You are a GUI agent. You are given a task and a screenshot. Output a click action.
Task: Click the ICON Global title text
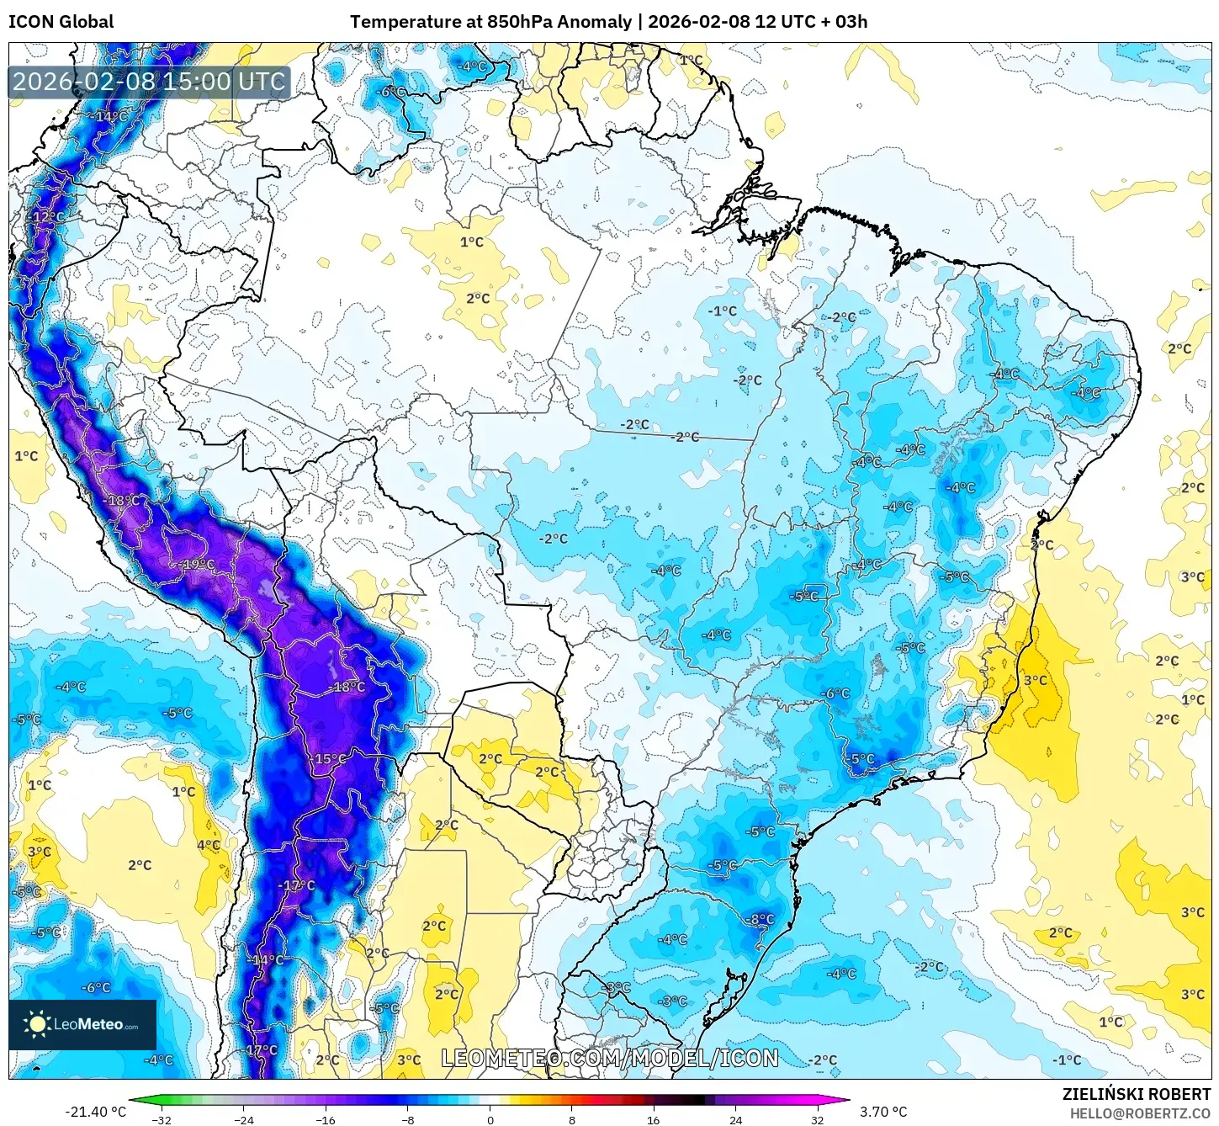point(61,22)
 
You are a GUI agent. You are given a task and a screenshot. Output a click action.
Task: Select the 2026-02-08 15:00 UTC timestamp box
point(149,82)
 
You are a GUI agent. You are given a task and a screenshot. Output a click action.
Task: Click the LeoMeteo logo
point(82,1024)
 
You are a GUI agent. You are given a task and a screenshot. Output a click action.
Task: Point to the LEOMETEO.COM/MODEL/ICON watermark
point(610,1058)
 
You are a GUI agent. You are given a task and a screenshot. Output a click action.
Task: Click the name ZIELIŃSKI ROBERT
point(1136,1094)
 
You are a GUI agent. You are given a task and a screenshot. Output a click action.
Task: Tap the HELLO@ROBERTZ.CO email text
point(1140,1113)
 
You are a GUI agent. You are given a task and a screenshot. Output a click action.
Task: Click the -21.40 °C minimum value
point(95,1112)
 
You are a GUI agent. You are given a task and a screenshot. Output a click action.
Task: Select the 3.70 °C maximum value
point(883,1112)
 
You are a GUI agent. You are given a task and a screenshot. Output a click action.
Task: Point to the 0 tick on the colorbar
point(490,1119)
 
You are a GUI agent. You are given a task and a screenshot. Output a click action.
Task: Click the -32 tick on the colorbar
point(162,1119)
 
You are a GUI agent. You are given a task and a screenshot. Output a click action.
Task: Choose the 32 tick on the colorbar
point(818,1119)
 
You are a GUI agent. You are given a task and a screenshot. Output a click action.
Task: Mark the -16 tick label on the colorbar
point(326,1119)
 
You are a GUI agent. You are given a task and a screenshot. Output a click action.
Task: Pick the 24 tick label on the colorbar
point(735,1119)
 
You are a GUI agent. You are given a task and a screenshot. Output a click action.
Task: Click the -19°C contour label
point(198,564)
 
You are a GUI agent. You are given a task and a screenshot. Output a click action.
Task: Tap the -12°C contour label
point(47,216)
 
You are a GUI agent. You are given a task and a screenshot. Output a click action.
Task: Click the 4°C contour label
point(209,845)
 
